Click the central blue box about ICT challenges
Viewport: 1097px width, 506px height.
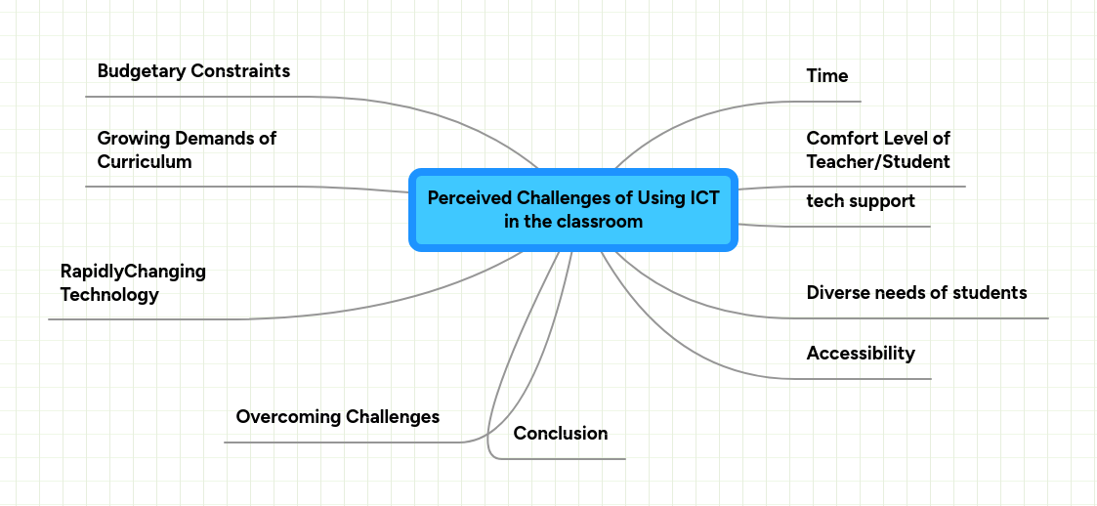(572, 210)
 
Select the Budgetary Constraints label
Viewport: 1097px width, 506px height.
(193, 71)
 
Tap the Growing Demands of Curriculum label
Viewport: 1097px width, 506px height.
(187, 149)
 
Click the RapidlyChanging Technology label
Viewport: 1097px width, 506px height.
(133, 282)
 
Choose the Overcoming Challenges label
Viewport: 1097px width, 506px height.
(337, 417)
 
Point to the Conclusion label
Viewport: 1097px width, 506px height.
(560, 434)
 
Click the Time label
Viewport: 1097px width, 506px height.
(826, 76)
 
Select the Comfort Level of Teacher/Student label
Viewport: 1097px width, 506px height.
(877, 149)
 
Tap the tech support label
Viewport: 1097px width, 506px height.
(860, 201)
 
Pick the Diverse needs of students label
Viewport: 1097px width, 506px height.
(916, 292)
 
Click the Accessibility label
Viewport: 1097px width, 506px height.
(860, 354)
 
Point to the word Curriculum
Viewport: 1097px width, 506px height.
(144, 162)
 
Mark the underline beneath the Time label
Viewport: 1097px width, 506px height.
(830, 101)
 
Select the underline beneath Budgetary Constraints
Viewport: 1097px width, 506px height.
(195, 97)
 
